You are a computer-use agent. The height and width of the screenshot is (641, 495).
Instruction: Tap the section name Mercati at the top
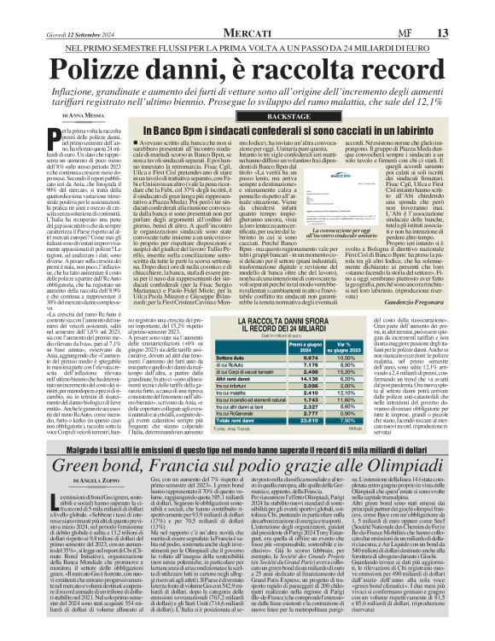click(x=247, y=9)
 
